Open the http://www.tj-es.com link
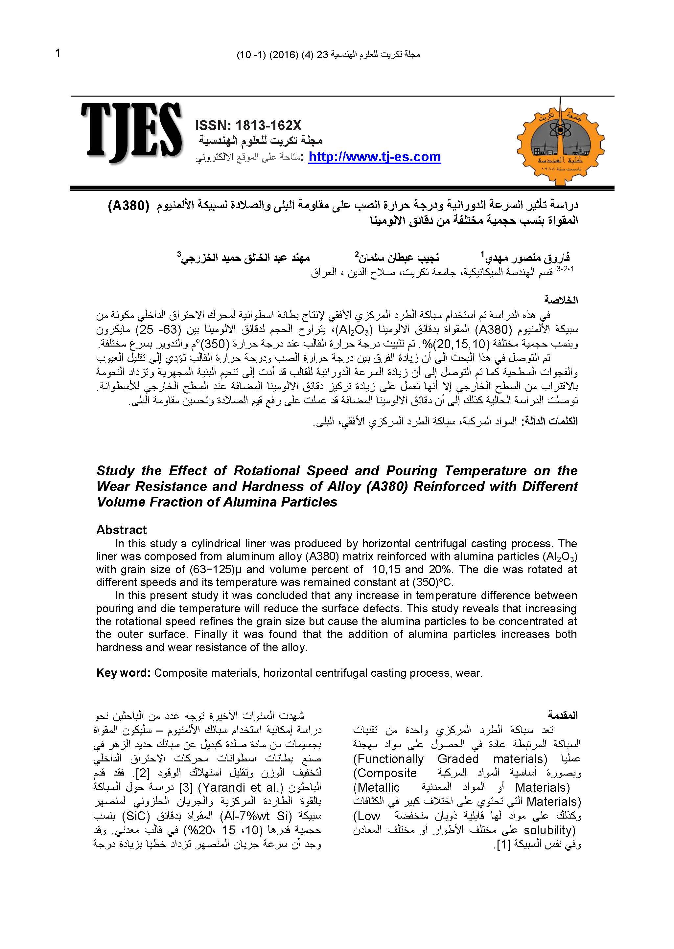(x=374, y=157)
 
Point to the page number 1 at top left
(x=58, y=54)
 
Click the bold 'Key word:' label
(x=123, y=673)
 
